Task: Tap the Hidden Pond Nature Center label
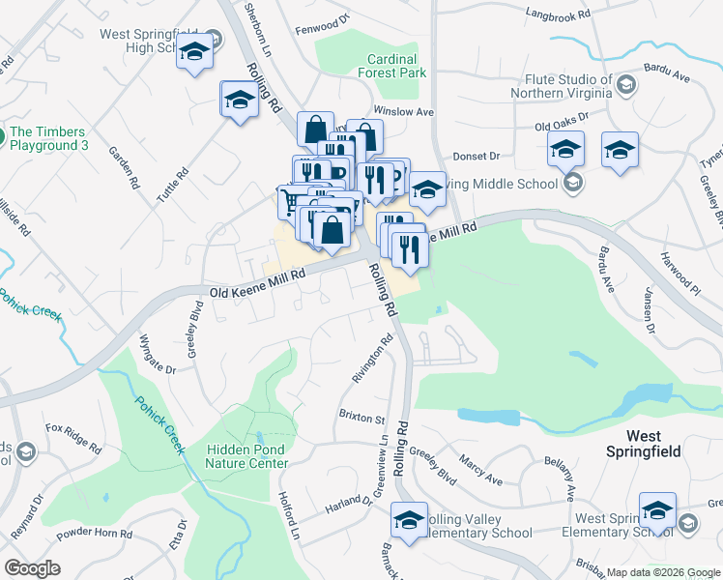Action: coord(246,455)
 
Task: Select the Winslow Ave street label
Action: coord(411,111)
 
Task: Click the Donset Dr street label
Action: coord(476,156)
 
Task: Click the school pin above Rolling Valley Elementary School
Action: coord(409,520)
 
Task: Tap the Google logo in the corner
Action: coord(32,568)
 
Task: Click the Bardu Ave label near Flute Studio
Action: coord(667,75)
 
